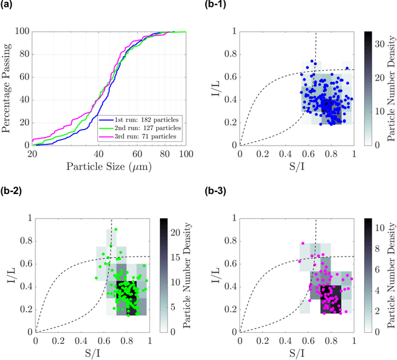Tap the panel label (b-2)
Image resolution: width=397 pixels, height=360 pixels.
coord(11,191)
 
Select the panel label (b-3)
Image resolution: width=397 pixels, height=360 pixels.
coord(214,191)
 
